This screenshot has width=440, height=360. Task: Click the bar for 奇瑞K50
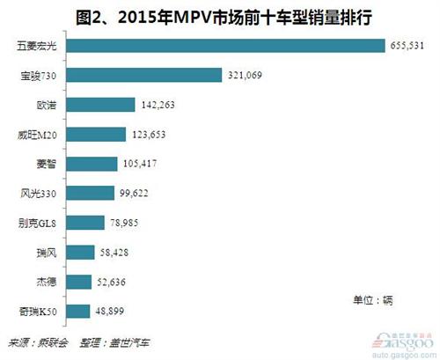79,311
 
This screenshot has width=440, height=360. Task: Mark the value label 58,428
118,252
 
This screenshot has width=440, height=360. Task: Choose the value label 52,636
115,282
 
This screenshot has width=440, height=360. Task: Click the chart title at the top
220,13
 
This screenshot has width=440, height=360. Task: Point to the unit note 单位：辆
375,299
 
